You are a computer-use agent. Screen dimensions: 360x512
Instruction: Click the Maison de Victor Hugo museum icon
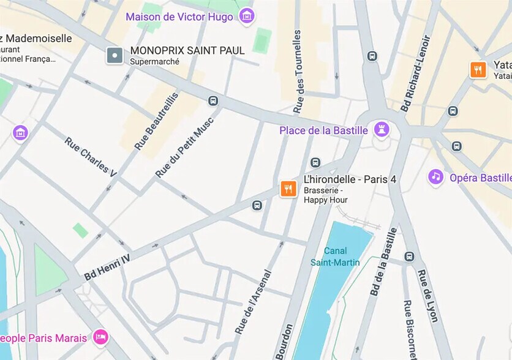click(x=247, y=16)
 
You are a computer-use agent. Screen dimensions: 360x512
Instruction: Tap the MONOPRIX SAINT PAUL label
click(x=187, y=50)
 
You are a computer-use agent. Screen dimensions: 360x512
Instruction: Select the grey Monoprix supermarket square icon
click(x=115, y=56)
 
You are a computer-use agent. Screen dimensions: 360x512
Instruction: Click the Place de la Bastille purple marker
click(x=383, y=130)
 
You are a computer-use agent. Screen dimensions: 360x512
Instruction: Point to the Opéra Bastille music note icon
click(x=435, y=177)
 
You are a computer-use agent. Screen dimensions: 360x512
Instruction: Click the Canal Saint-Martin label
click(x=335, y=256)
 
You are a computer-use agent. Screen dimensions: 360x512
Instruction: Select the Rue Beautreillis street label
click(x=157, y=121)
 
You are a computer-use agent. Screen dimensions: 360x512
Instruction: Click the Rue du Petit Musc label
click(x=184, y=147)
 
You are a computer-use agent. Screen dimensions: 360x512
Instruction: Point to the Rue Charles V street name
click(x=90, y=157)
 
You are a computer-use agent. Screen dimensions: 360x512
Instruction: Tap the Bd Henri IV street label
click(x=107, y=268)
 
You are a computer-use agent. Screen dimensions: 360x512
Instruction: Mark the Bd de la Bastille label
click(x=383, y=262)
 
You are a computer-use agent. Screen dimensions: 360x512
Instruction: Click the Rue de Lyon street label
click(x=427, y=296)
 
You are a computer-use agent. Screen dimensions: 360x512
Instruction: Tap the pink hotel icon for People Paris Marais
click(x=100, y=336)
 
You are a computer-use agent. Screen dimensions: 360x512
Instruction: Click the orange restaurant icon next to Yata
click(x=478, y=69)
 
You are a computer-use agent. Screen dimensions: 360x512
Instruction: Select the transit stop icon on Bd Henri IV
click(x=257, y=204)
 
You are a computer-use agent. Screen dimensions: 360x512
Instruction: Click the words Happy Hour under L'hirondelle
click(x=326, y=200)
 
